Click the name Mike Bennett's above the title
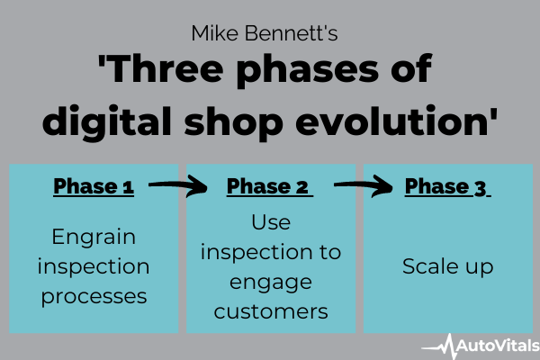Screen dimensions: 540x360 click(265, 33)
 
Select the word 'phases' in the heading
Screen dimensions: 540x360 click(308, 71)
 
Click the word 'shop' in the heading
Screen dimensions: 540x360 click(233, 122)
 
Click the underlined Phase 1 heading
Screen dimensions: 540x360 click(94, 187)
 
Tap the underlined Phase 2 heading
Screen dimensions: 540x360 click(269, 187)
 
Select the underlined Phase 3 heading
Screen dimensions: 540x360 click(447, 187)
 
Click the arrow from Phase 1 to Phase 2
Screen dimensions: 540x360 click(178, 185)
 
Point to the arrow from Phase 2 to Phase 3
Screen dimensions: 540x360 click(364, 185)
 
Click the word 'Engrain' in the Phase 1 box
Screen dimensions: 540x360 click(94, 238)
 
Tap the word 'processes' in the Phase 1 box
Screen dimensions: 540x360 click(94, 297)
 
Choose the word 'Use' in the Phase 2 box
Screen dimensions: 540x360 click(271, 222)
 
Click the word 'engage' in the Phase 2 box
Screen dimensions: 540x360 click(271, 283)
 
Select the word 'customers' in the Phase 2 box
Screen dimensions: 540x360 click(271, 311)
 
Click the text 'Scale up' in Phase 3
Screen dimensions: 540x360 click(447, 267)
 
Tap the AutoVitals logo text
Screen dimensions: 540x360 click(498, 346)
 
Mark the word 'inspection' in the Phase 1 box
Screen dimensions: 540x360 click(94, 267)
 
